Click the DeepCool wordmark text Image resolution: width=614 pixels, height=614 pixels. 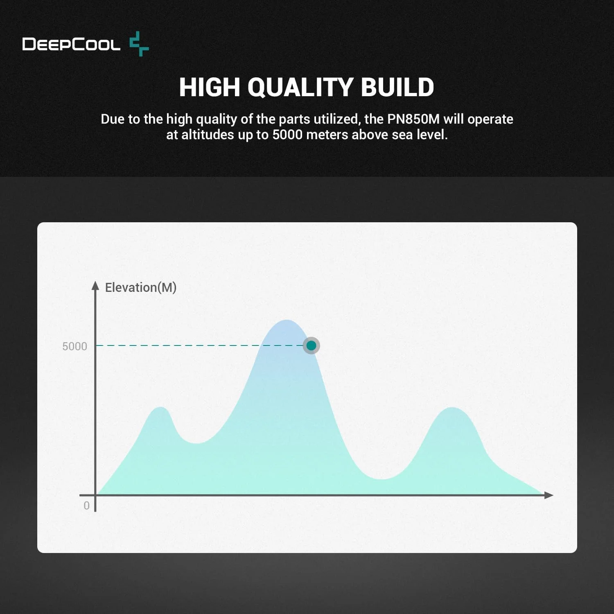click(x=71, y=44)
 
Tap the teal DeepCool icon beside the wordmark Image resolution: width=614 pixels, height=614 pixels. click(x=139, y=44)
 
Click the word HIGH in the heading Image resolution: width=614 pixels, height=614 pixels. click(x=209, y=87)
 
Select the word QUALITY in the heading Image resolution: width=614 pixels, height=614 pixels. click(x=300, y=87)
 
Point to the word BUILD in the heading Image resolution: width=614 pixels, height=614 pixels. click(x=397, y=87)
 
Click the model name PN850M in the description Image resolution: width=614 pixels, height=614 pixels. click(x=413, y=119)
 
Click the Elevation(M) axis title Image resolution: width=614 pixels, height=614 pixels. click(x=141, y=287)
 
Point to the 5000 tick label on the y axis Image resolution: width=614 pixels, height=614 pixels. click(x=74, y=346)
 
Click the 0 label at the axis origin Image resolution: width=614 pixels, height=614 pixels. click(x=86, y=506)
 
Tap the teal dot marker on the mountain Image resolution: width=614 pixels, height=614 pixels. click(x=311, y=345)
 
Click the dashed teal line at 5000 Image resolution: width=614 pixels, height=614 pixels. click(x=199, y=345)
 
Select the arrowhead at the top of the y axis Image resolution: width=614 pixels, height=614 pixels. click(x=95, y=285)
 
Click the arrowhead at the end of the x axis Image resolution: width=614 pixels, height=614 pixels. click(x=549, y=495)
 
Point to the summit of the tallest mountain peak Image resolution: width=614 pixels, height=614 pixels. click(x=287, y=320)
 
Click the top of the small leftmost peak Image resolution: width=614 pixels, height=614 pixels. click(x=161, y=407)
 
